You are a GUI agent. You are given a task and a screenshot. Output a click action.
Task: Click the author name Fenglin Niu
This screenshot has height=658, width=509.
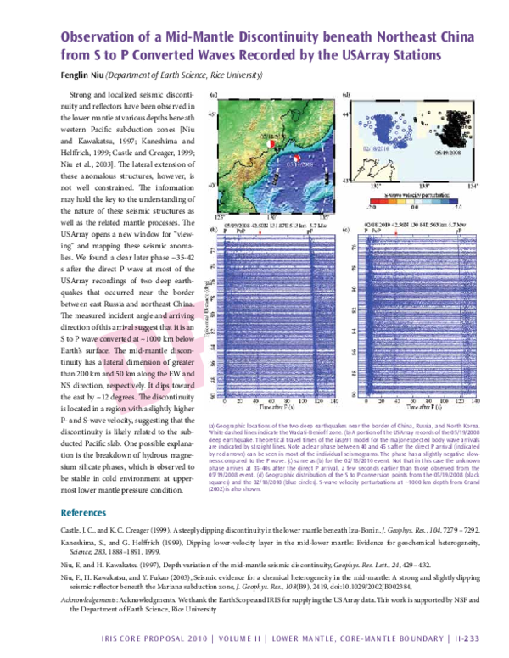[82, 74]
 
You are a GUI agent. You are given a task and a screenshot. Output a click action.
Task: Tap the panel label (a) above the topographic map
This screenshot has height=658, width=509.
[213, 94]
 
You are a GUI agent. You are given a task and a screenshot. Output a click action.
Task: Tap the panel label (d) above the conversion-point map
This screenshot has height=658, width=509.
[345, 93]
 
